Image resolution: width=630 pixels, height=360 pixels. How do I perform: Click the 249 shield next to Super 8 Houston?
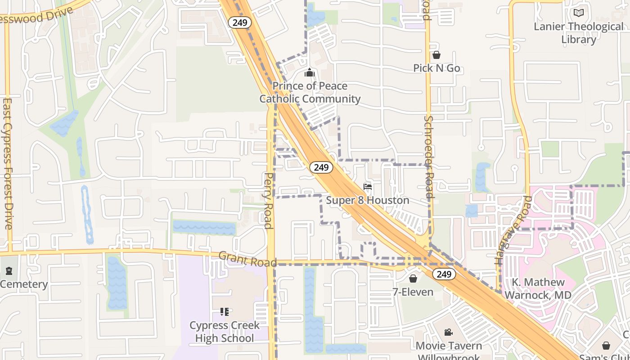coord(321,167)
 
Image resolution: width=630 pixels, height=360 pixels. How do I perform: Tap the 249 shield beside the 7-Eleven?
coord(443,274)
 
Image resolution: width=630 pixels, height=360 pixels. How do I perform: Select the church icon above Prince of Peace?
coord(310,72)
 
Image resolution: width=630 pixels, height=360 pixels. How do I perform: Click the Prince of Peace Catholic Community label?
coord(310,92)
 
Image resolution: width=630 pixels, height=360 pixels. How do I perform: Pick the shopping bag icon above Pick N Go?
coord(436,55)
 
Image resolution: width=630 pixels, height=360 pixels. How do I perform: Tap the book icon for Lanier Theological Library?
coord(578,13)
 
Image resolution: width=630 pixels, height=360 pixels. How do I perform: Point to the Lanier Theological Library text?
coord(579,33)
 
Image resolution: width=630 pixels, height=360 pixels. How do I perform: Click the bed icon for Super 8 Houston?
coord(368,187)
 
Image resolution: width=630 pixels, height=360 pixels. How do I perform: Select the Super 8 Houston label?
coord(368,200)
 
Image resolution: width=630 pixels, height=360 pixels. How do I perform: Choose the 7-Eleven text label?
coord(413,292)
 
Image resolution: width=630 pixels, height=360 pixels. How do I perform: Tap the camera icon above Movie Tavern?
coord(448,333)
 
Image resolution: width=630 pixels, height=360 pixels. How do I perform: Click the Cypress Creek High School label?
coord(225,332)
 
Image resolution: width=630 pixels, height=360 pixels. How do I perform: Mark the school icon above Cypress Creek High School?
coord(225,311)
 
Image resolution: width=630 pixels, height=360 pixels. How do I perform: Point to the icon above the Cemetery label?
coord(9,271)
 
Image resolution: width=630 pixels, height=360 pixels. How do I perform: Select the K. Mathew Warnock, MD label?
coord(538,289)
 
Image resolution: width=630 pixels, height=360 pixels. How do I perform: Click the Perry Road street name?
coord(269,201)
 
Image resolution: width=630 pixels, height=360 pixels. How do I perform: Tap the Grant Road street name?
coord(247,259)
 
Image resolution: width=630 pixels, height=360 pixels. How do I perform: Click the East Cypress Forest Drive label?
coord(8,164)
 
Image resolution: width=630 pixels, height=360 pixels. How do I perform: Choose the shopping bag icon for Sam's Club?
coord(606,346)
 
